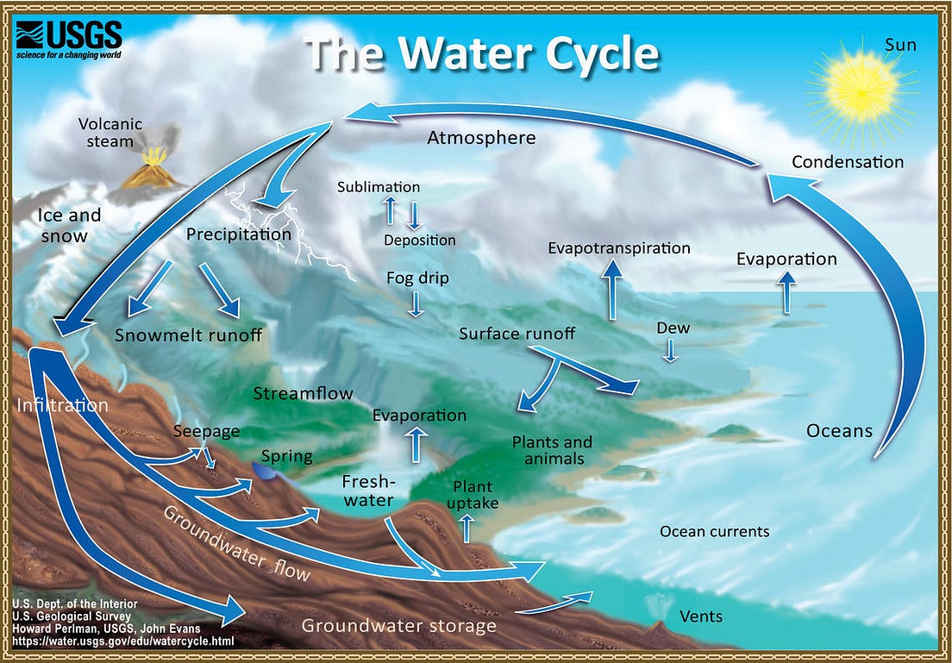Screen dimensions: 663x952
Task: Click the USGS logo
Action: point(68,39)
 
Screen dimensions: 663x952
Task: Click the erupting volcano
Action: point(153,170)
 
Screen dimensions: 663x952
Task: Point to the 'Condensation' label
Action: point(847,162)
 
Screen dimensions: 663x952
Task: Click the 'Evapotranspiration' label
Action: point(619,248)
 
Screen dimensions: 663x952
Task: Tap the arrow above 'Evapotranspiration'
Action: point(613,289)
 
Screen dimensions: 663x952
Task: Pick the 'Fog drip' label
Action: point(417,278)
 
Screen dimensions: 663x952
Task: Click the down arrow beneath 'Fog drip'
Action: point(416,303)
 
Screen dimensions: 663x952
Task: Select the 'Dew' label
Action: point(673,328)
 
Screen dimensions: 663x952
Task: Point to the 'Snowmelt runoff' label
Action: point(188,335)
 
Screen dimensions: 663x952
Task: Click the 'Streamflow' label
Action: point(303,394)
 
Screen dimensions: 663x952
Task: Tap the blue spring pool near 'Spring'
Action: point(264,471)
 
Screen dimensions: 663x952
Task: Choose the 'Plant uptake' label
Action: point(473,495)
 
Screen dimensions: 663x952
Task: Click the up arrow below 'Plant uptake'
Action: point(467,527)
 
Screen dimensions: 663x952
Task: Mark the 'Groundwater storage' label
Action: point(398,626)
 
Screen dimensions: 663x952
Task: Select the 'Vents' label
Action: point(701,616)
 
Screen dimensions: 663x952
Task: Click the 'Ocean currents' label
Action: point(714,532)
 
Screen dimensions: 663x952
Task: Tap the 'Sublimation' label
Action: point(379,187)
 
